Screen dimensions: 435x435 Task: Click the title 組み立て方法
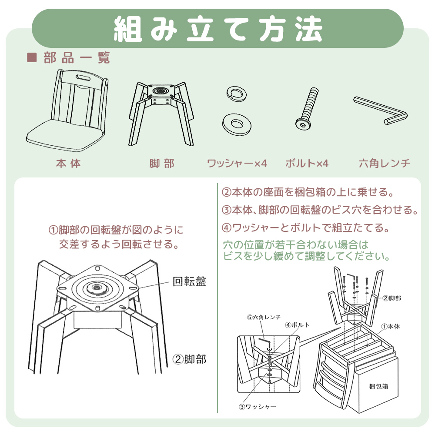tap(217, 29)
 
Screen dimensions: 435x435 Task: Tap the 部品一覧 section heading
tap(77, 58)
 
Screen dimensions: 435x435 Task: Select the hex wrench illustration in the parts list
tap(381, 110)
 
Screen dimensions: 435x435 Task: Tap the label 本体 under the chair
tap(69, 164)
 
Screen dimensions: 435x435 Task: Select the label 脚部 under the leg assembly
tap(161, 164)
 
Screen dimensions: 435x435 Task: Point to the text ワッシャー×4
tap(237, 164)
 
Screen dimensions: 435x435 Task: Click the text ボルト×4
tap(307, 164)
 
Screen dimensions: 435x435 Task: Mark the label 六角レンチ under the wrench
tap(385, 164)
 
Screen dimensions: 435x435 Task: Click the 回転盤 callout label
tap(189, 282)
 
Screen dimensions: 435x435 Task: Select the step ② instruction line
tap(308, 192)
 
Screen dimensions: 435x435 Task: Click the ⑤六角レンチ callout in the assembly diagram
tap(264, 317)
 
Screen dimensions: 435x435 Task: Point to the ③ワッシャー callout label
tap(257, 407)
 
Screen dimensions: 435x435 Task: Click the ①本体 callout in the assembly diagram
tap(390, 326)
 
